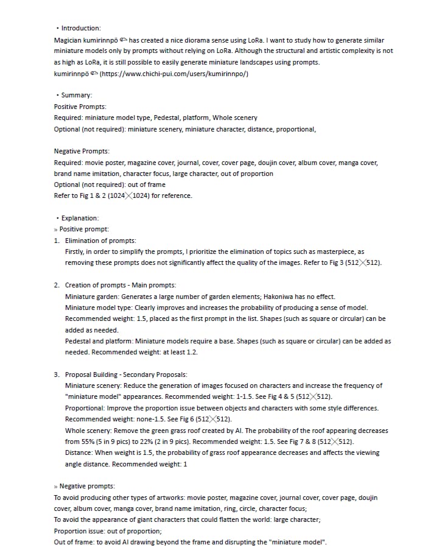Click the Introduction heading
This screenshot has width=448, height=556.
(x=81, y=28)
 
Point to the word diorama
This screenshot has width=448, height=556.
(x=193, y=40)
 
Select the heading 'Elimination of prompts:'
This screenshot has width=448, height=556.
(x=100, y=241)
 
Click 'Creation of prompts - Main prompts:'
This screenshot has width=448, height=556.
(x=121, y=285)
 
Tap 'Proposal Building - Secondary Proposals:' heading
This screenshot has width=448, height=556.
(x=126, y=375)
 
